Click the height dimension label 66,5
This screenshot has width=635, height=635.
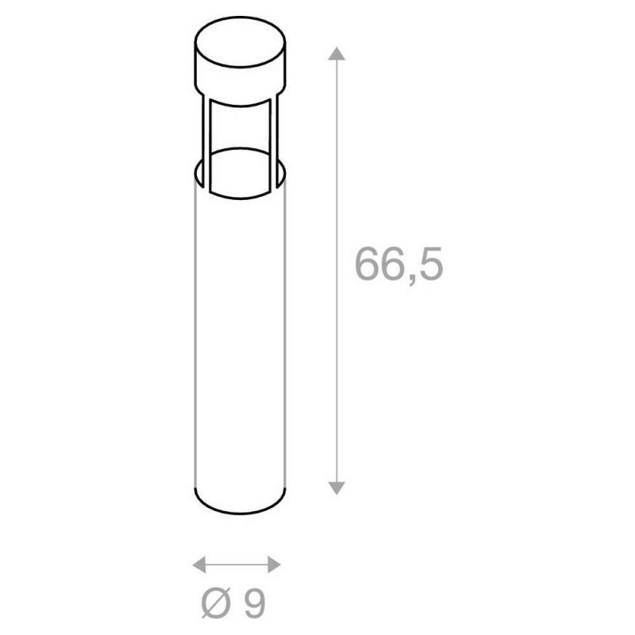pos(399,264)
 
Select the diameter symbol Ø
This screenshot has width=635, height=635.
pos(216,603)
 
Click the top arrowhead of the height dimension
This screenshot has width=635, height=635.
pos(337,53)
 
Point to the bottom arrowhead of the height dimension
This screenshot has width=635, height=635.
pos(337,488)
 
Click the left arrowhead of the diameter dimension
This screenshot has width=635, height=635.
pos(199,564)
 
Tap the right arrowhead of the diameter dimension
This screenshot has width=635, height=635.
pos(274,564)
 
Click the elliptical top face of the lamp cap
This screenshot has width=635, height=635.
pos(241,42)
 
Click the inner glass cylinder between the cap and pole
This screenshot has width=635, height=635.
pos(241,150)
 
